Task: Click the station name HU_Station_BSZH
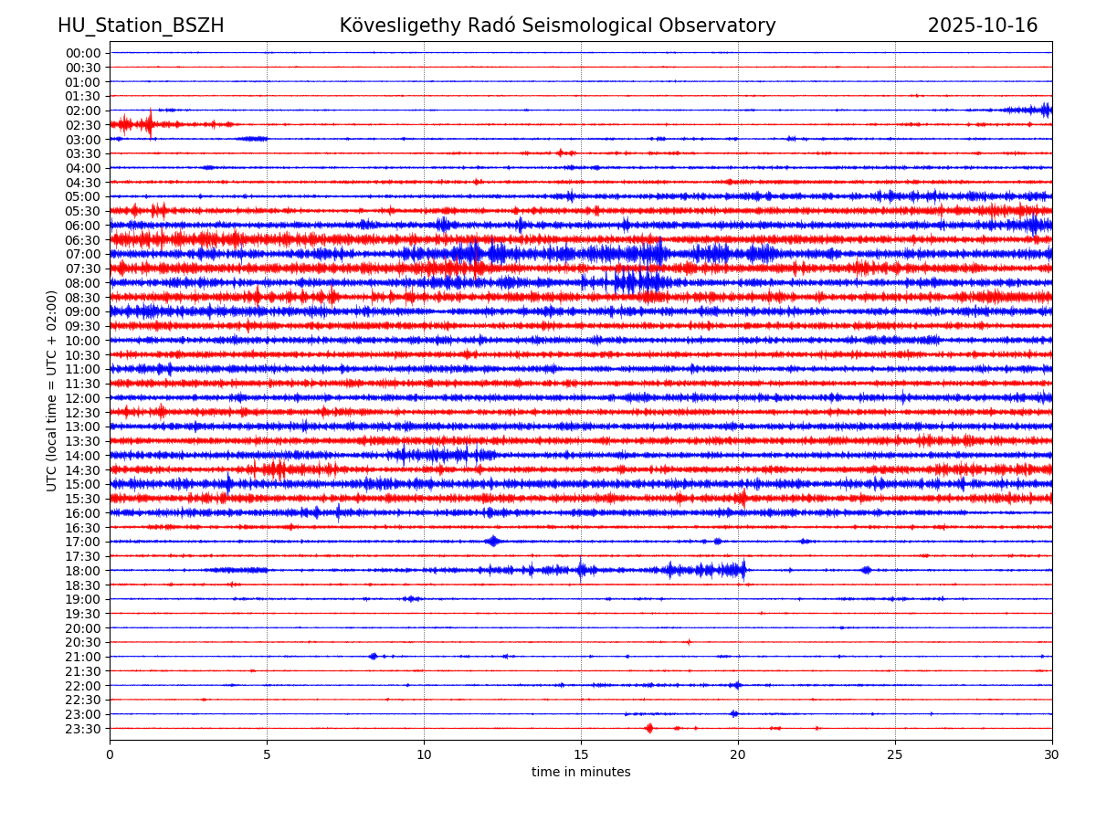tap(141, 26)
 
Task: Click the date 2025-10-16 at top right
tap(983, 26)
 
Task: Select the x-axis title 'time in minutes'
tap(581, 772)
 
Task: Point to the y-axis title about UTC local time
tap(52, 391)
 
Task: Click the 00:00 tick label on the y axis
tap(83, 53)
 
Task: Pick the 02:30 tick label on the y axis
tap(83, 125)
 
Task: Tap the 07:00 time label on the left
tap(83, 254)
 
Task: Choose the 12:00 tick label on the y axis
tap(83, 398)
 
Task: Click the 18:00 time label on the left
tap(83, 571)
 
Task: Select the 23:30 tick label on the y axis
tap(83, 729)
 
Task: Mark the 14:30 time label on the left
tap(83, 470)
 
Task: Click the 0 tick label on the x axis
tap(110, 754)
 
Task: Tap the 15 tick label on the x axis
tap(581, 754)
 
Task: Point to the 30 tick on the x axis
tap(1052, 754)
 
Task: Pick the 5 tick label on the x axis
tap(267, 754)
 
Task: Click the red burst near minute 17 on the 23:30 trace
tap(648, 728)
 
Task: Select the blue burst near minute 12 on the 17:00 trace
tap(493, 541)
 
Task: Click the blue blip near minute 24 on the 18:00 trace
tap(866, 570)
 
